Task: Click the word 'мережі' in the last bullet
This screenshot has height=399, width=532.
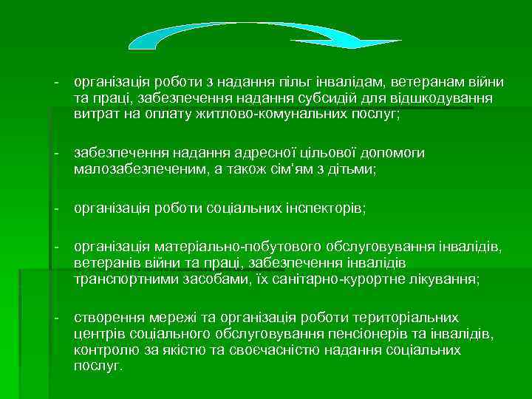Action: pos(167,318)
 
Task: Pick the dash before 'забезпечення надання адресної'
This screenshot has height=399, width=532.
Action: pos(56,153)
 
